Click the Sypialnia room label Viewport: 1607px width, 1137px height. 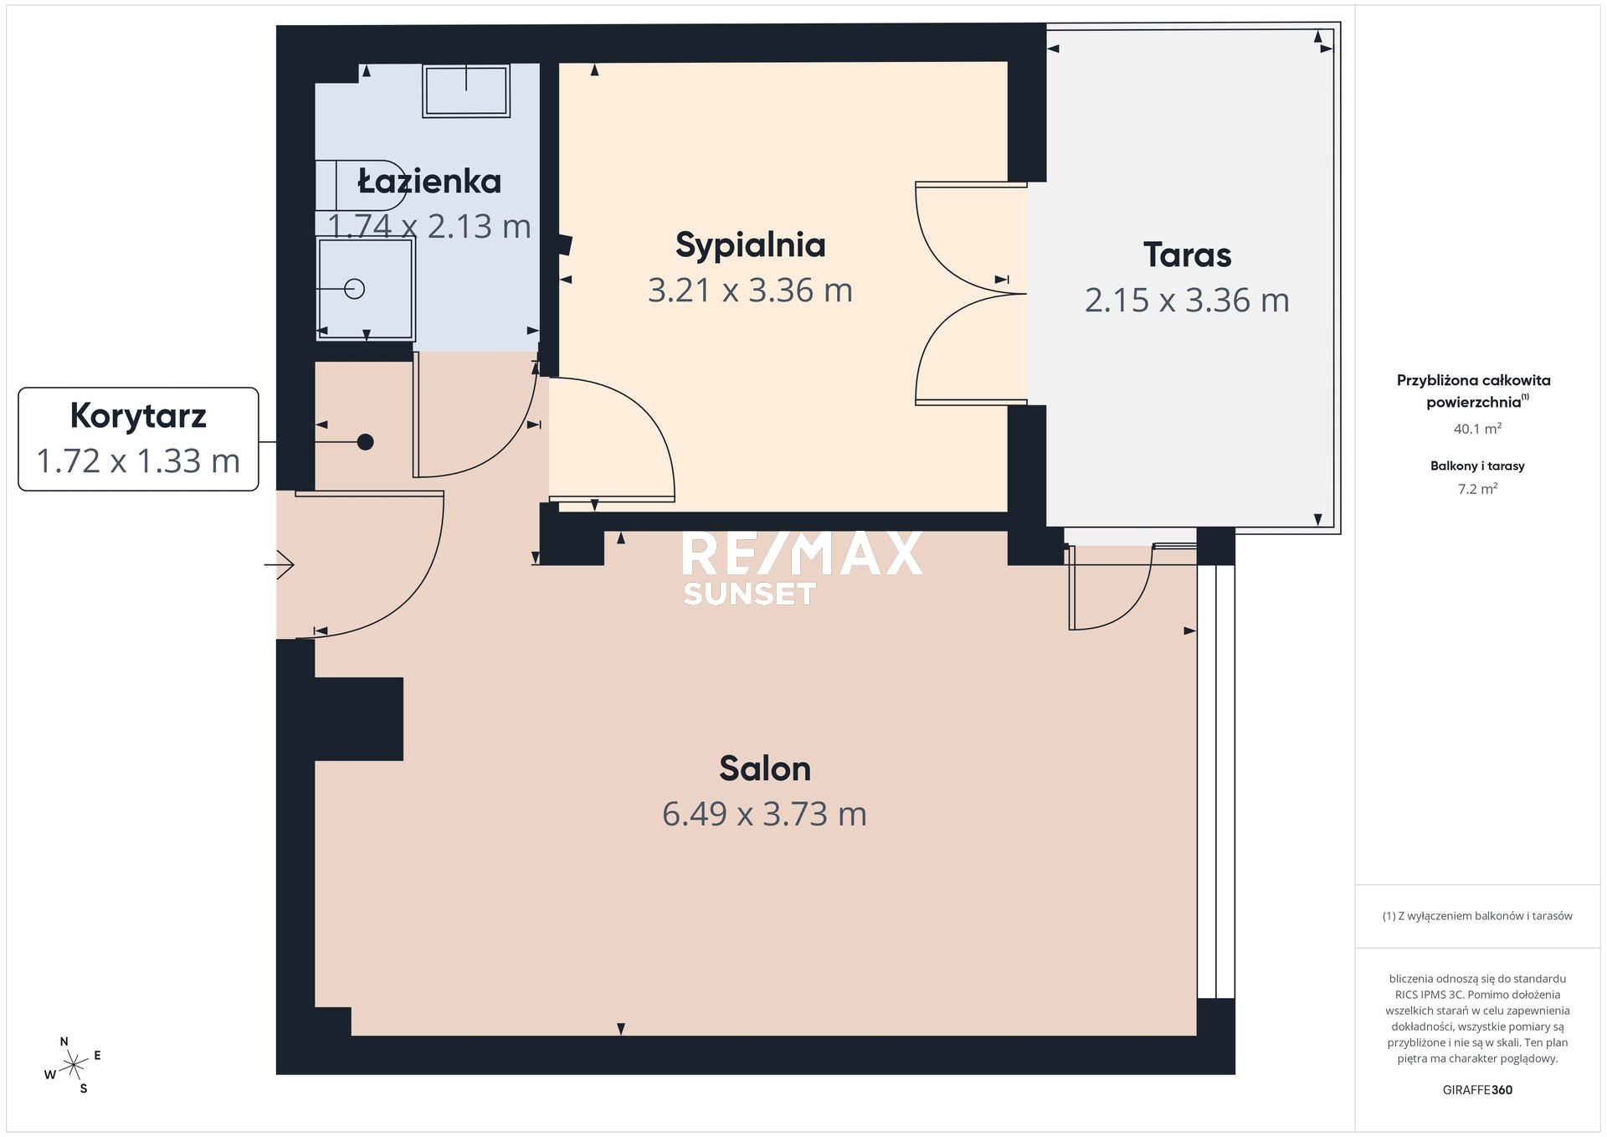point(751,246)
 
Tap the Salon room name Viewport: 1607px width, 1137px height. point(765,769)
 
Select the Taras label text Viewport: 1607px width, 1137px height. point(1188,255)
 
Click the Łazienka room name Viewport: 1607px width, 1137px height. point(429,181)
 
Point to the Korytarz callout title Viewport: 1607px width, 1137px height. point(138,416)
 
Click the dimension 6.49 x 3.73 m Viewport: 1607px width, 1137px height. point(764,814)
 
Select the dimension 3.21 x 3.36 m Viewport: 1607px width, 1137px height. point(750,291)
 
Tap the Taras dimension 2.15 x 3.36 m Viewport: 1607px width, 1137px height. point(1187,301)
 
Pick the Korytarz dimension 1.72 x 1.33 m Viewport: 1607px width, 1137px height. point(138,461)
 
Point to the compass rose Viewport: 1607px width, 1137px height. point(74,1065)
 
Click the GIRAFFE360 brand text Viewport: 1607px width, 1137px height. point(1477,1090)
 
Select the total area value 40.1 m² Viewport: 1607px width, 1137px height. point(1477,429)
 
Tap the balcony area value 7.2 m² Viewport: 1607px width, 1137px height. point(1477,489)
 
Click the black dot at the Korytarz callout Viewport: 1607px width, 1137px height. point(365,442)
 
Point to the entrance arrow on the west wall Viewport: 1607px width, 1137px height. point(280,565)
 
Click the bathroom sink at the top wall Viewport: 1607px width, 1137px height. point(466,90)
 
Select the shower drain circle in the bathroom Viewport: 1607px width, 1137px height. point(355,289)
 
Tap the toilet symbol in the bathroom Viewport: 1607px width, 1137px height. point(361,186)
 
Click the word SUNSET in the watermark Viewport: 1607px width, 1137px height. point(749,594)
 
